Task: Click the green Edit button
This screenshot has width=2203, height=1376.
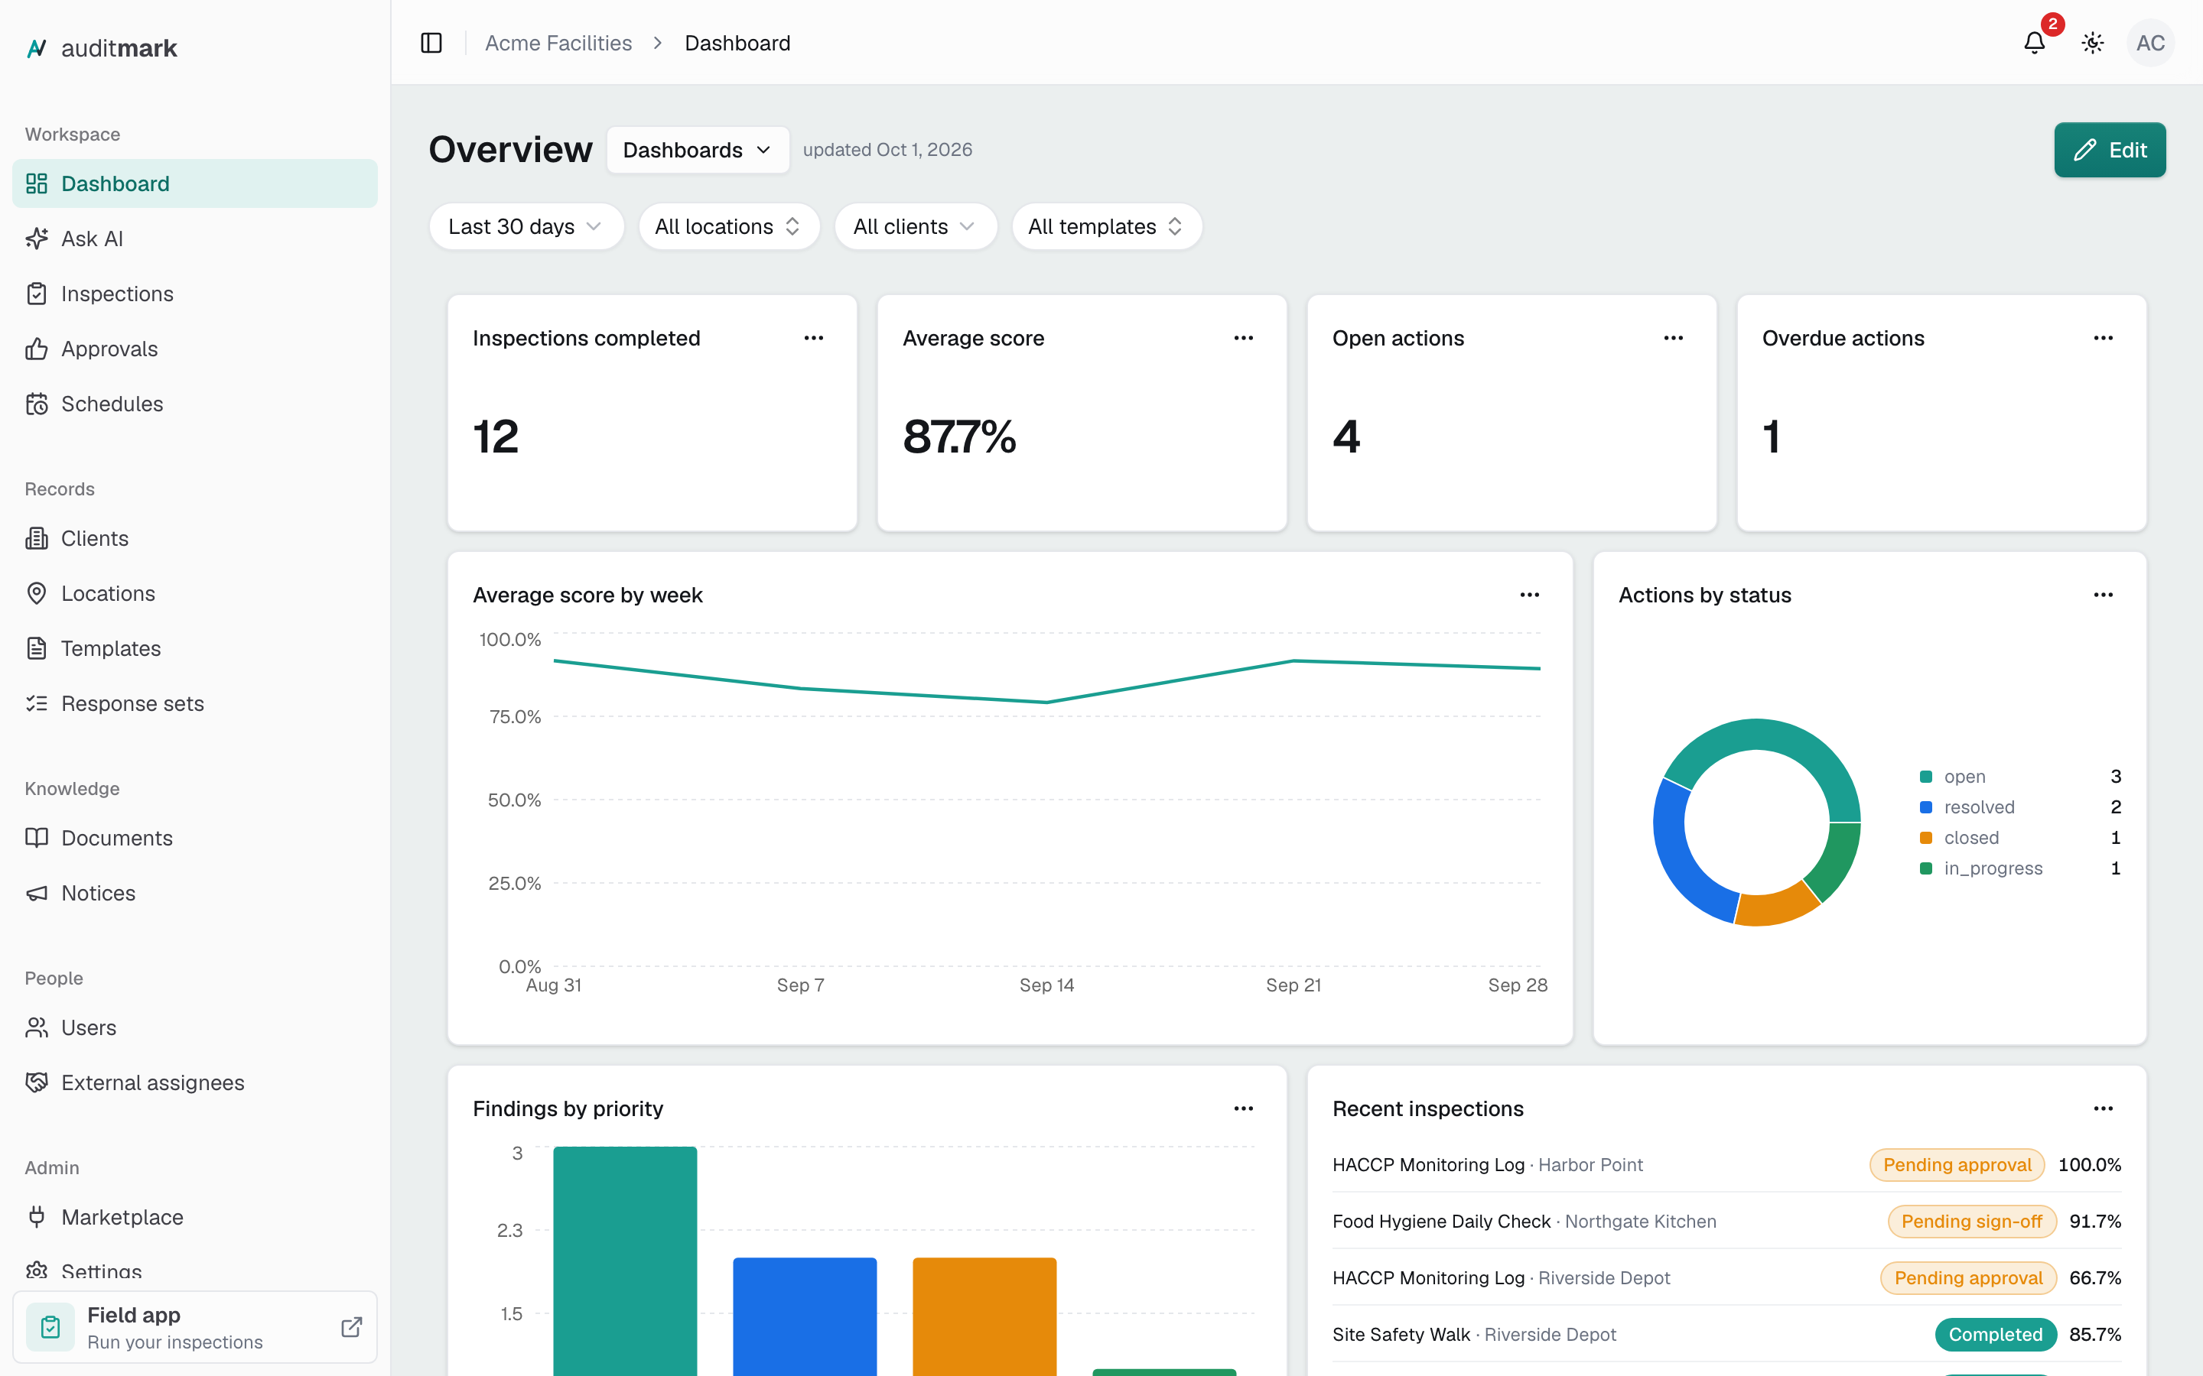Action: [2109, 149]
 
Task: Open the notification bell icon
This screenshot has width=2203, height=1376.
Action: [2034, 43]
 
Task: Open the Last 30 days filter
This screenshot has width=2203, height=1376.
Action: [526, 226]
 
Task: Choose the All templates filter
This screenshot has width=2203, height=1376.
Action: [1106, 226]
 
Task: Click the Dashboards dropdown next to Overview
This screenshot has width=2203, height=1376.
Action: [698, 150]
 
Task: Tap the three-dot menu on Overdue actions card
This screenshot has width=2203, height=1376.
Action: [2103, 339]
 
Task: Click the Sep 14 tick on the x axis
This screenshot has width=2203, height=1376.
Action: [1046, 985]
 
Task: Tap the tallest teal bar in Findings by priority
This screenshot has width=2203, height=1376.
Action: [624, 1261]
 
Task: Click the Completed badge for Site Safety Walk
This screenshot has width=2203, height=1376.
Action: [1994, 1334]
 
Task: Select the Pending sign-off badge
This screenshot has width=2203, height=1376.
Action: [1971, 1222]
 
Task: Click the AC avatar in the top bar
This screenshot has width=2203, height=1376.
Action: [2149, 43]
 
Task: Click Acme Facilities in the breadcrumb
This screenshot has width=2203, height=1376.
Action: [558, 43]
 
